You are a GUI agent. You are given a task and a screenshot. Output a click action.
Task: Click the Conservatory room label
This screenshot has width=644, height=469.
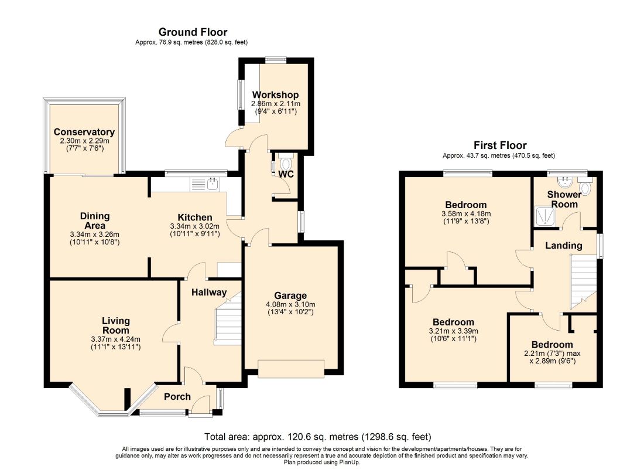pyautogui.click(x=84, y=132)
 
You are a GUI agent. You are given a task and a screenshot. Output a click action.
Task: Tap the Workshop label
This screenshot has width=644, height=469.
pyautogui.click(x=275, y=95)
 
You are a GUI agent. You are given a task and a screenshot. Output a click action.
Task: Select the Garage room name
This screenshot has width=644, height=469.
pyautogui.click(x=290, y=296)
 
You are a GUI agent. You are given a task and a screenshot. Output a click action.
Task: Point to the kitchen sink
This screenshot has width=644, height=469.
pyautogui.click(x=213, y=184)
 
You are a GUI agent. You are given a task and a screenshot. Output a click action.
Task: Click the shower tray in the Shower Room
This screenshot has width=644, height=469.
pyautogui.click(x=546, y=217)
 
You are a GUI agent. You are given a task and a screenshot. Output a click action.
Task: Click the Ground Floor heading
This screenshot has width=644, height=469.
pyautogui.click(x=193, y=32)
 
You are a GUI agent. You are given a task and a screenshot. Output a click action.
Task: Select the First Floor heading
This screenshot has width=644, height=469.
pyautogui.click(x=500, y=145)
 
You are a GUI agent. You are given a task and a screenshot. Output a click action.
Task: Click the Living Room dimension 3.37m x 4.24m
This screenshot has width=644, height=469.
pyautogui.click(x=116, y=339)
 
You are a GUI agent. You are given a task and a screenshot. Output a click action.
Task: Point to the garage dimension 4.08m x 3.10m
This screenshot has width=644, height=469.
pyautogui.click(x=290, y=304)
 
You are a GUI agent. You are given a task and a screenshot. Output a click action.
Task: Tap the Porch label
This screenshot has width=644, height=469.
pyautogui.click(x=177, y=396)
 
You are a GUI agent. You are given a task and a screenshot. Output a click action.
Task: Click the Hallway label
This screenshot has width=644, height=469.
pyautogui.click(x=209, y=293)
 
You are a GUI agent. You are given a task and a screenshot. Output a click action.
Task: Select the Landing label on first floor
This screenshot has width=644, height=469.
pyautogui.click(x=563, y=246)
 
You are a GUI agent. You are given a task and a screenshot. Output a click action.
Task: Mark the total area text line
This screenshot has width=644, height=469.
pyautogui.click(x=318, y=437)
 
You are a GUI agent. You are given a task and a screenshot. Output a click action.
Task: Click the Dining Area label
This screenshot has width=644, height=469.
pyautogui.click(x=95, y=221)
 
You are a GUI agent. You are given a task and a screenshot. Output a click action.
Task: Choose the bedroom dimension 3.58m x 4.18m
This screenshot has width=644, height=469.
pyautogui.click(x=466, y=214)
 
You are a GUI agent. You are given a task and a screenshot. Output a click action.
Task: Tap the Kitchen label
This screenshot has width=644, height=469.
pyautogui.click(x=195, y=217)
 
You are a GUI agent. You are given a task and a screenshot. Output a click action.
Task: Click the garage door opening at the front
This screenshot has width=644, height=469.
pyautogui.click(x=291, y=369)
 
